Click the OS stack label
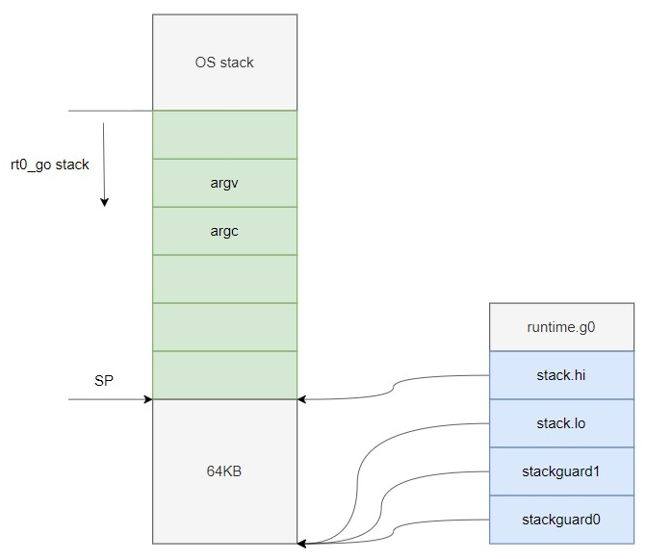[x=224, y=63]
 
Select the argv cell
[x=224, y=183]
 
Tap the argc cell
[x=224, y=231]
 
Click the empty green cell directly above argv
[x=224, y=135]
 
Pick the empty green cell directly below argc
[x=224, y=279]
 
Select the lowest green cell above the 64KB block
[x=224, y=375]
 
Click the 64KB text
[x=224, y=471]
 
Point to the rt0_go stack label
[x=49, y=165]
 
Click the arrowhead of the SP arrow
[x=148, y=398]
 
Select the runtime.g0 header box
[x=561, y=327]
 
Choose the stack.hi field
[x=561, y=375]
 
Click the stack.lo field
[x=561, y=423]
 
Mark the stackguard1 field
[x=561, y=471]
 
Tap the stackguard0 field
[x=561, y=520]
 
